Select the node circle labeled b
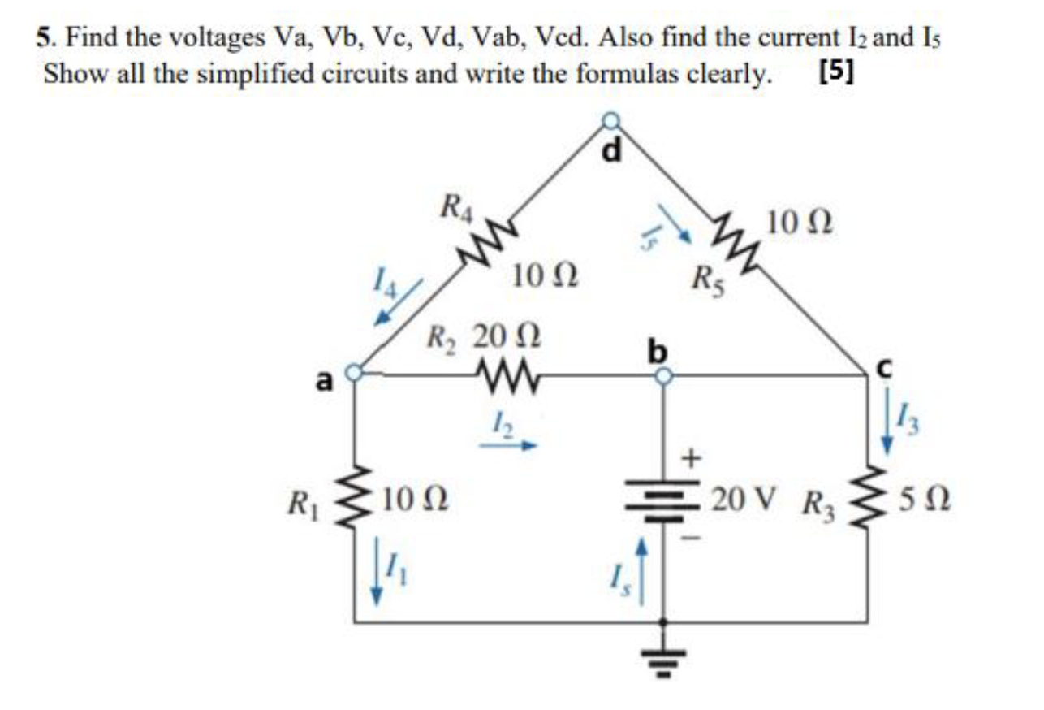pos(663,375)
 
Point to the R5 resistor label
pos(709,280)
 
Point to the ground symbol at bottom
pos(664,658)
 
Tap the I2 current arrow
pos(507,445)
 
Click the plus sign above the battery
pos(691,459)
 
